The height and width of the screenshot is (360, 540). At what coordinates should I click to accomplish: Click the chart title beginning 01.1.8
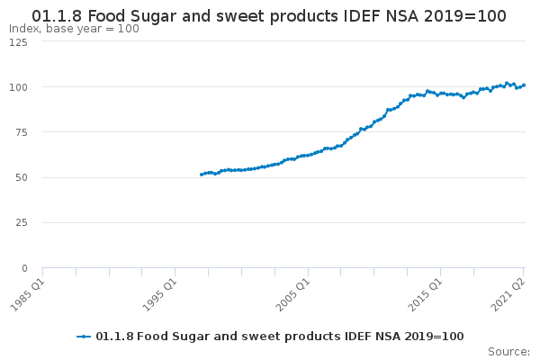269,16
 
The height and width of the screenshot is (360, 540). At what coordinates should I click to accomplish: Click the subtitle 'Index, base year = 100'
74,29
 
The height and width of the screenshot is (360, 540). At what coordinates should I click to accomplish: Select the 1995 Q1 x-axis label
160,292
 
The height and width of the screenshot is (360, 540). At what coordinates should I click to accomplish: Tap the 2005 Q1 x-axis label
293,292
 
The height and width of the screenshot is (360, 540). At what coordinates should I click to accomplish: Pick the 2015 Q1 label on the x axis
426,292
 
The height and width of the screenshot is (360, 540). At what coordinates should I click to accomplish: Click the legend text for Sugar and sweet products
279,337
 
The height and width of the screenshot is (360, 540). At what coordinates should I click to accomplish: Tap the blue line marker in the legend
84,337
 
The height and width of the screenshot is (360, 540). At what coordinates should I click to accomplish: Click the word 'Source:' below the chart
508,351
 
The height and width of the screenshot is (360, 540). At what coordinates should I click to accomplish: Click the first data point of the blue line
202,175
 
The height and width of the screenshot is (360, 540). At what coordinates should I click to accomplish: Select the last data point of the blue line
524,85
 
